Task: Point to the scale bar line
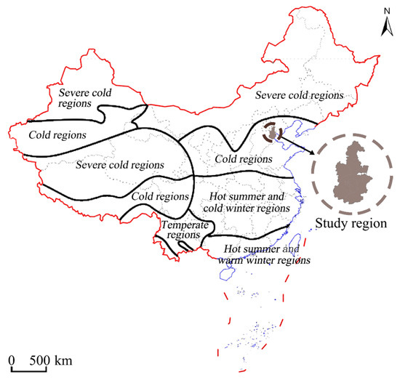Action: pyautogui.click(x=29, y=369)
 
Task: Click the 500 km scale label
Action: pyautogui.click(x=50, y=360)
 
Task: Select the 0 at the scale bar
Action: pyautogui.click(x=13, y=360)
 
